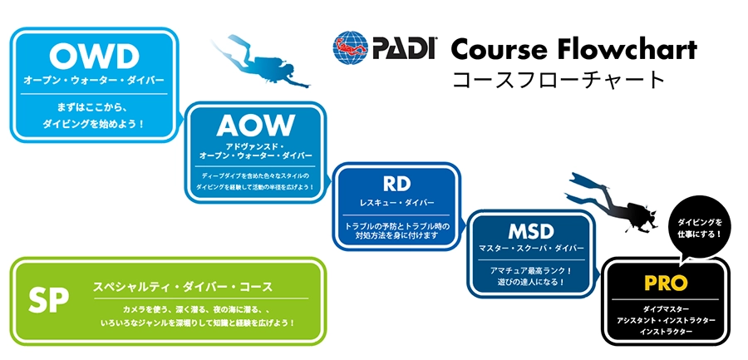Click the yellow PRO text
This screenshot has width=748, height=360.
coord(666,284)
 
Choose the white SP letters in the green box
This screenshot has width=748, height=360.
coord(47,301)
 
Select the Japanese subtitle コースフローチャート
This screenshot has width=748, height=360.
coord(556,81)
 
